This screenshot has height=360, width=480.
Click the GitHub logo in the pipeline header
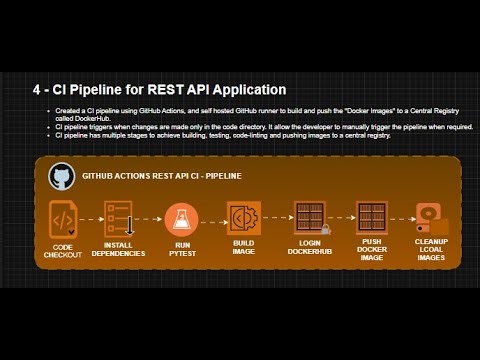click(x=61, y=177)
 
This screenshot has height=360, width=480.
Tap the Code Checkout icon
click(x=62, y=218)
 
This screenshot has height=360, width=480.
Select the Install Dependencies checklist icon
click(x=119, y=218)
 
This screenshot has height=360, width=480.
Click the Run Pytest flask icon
click(x=182, y=218)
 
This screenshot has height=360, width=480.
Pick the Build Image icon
click(x=244, y=218)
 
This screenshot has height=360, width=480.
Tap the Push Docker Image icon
click(x=372, y=218)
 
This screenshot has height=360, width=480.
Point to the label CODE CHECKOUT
click(x=62, y=250)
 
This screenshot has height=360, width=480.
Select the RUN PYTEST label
click(x=182, y=250)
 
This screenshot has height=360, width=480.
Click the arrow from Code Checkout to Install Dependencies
click(x=90, y=219)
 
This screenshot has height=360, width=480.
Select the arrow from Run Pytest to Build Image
click(x=213, y=219)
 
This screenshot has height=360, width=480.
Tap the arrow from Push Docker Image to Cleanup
click(x=402, y=219)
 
